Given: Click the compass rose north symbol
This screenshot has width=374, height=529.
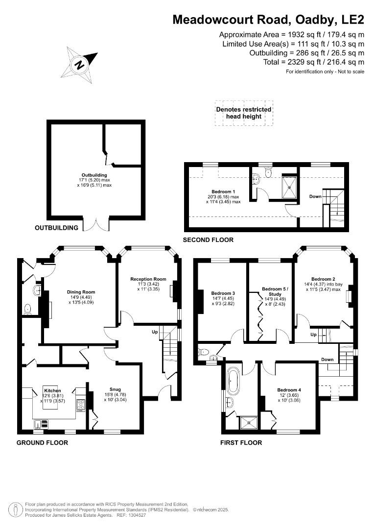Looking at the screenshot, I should click(79, 64).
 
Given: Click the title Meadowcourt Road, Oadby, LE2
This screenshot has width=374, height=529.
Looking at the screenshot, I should click(269, 20).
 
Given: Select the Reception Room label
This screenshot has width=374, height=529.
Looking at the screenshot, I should click(148, 279).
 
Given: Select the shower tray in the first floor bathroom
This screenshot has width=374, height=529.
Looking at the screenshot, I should click(246, 423).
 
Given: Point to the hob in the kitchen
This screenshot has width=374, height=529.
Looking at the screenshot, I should click(81, 405).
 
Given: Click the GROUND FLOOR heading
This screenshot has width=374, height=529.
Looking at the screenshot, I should click(42, 442).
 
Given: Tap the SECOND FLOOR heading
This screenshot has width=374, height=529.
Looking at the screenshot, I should click(208, 240).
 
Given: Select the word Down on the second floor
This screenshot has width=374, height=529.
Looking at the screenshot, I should click(315, 196).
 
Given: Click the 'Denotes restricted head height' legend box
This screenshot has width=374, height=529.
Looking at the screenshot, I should click(243, 113).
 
